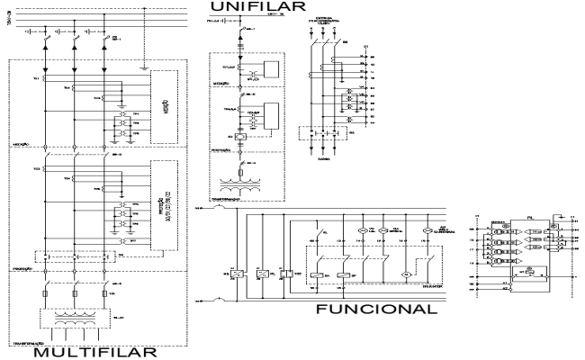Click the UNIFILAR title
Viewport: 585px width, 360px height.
pos(252,8)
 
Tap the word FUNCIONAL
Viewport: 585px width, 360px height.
pos(376,310)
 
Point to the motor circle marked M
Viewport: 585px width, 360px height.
pos(405,273)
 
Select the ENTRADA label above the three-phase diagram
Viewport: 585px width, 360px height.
pos(321,17)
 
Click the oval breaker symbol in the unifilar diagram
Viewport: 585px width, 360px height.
pos(243,137)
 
